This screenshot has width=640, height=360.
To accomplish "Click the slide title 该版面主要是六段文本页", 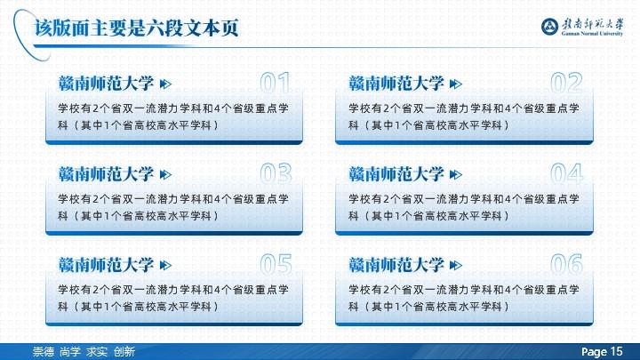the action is pos(136,28).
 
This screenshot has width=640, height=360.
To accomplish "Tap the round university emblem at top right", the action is pos(550,27).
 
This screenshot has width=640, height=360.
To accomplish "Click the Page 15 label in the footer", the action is pos(602,351).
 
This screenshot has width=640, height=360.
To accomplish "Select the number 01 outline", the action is pos(275,83).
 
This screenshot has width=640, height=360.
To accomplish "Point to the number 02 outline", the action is pos(566,83).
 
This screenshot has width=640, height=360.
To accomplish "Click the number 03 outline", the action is pos(276,173).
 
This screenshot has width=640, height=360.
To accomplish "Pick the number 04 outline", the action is pos(566,173).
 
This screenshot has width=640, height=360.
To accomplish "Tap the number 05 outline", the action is pos(276,264).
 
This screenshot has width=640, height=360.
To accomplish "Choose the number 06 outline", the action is pos(566,264).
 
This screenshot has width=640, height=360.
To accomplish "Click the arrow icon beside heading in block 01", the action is pos(165,84).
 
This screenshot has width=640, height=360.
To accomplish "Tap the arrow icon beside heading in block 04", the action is pos(455,175).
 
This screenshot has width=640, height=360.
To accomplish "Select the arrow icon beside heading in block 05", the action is pos(165,265).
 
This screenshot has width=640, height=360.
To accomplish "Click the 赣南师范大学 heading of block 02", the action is pos(396,84).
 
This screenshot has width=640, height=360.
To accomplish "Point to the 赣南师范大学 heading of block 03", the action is pos(106,174).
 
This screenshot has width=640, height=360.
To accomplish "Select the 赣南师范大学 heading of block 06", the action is pos(396,265).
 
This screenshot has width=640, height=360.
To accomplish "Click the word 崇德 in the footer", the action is pos(44,351).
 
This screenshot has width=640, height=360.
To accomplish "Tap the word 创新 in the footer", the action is pos(124,351).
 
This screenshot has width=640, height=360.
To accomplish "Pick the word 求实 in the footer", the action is pos(97,351).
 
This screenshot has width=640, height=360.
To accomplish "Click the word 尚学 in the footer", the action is pos(70,351).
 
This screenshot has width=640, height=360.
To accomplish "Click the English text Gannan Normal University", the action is pos(592,34).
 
